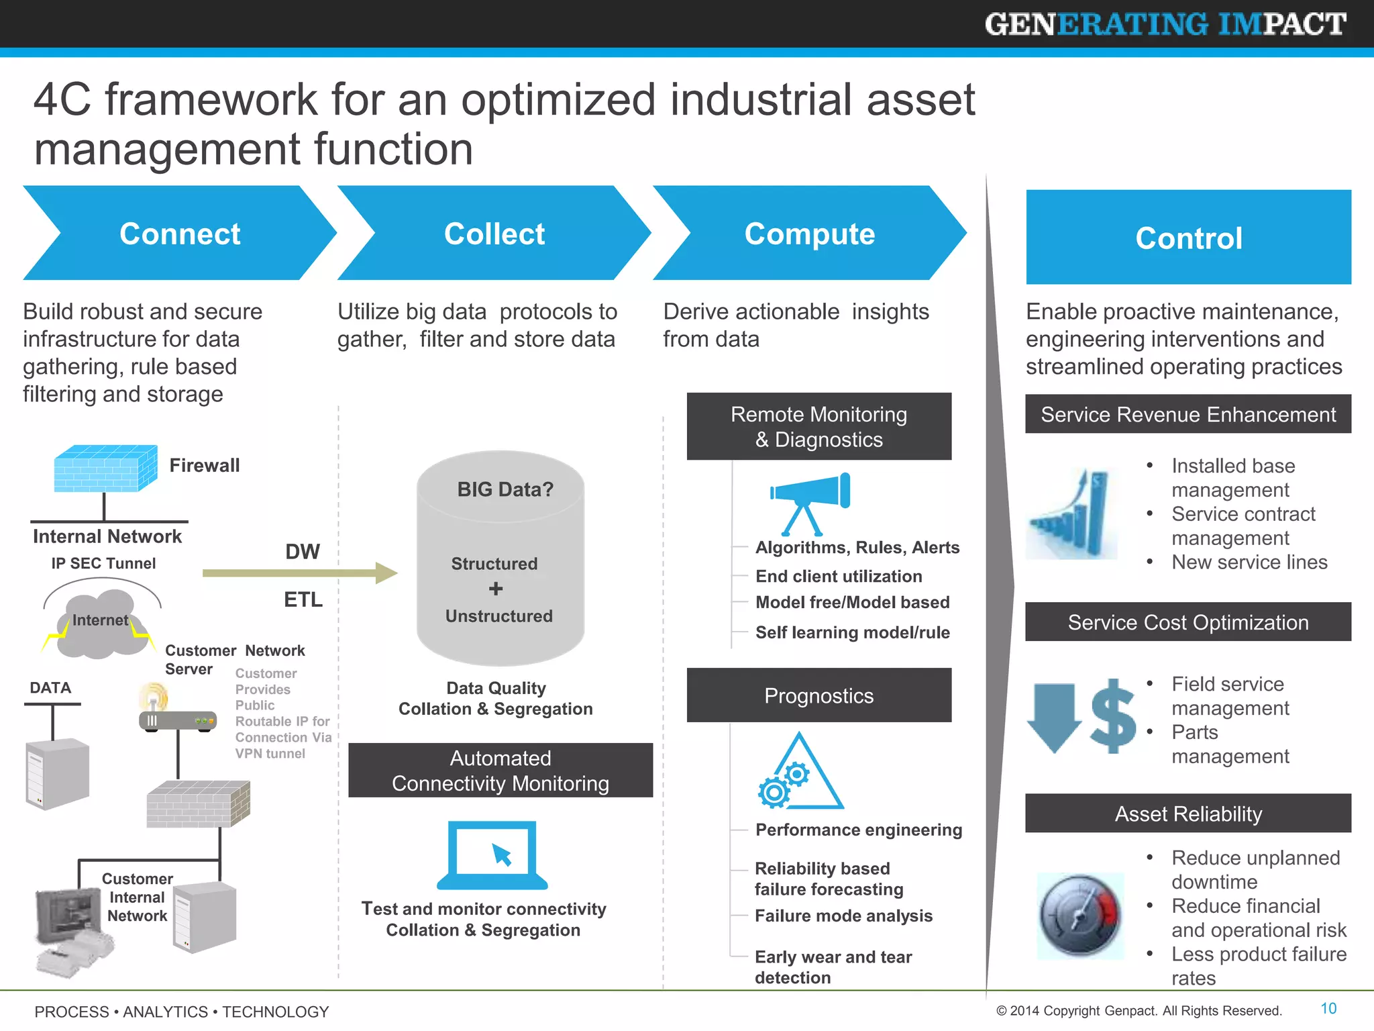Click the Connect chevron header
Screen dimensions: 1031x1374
(179, 234)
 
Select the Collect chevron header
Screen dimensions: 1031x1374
(494, 234)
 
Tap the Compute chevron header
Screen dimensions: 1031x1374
(809, 234)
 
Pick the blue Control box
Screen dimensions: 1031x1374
(1188, 237)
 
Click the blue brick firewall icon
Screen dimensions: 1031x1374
(105, 469)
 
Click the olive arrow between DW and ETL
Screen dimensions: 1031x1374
(299, 573)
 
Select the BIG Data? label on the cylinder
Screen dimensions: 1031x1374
(505, 489)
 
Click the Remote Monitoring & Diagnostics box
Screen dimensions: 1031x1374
(818, 427)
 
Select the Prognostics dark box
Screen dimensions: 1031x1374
(818, 695)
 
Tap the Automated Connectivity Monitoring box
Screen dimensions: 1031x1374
(500, 771)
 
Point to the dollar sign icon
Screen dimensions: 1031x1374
(1113, 716)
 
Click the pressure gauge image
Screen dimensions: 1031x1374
(1080, 916)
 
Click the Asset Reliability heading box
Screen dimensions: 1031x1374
(1188, 814)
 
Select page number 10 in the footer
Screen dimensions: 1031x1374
(1328, 1008)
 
